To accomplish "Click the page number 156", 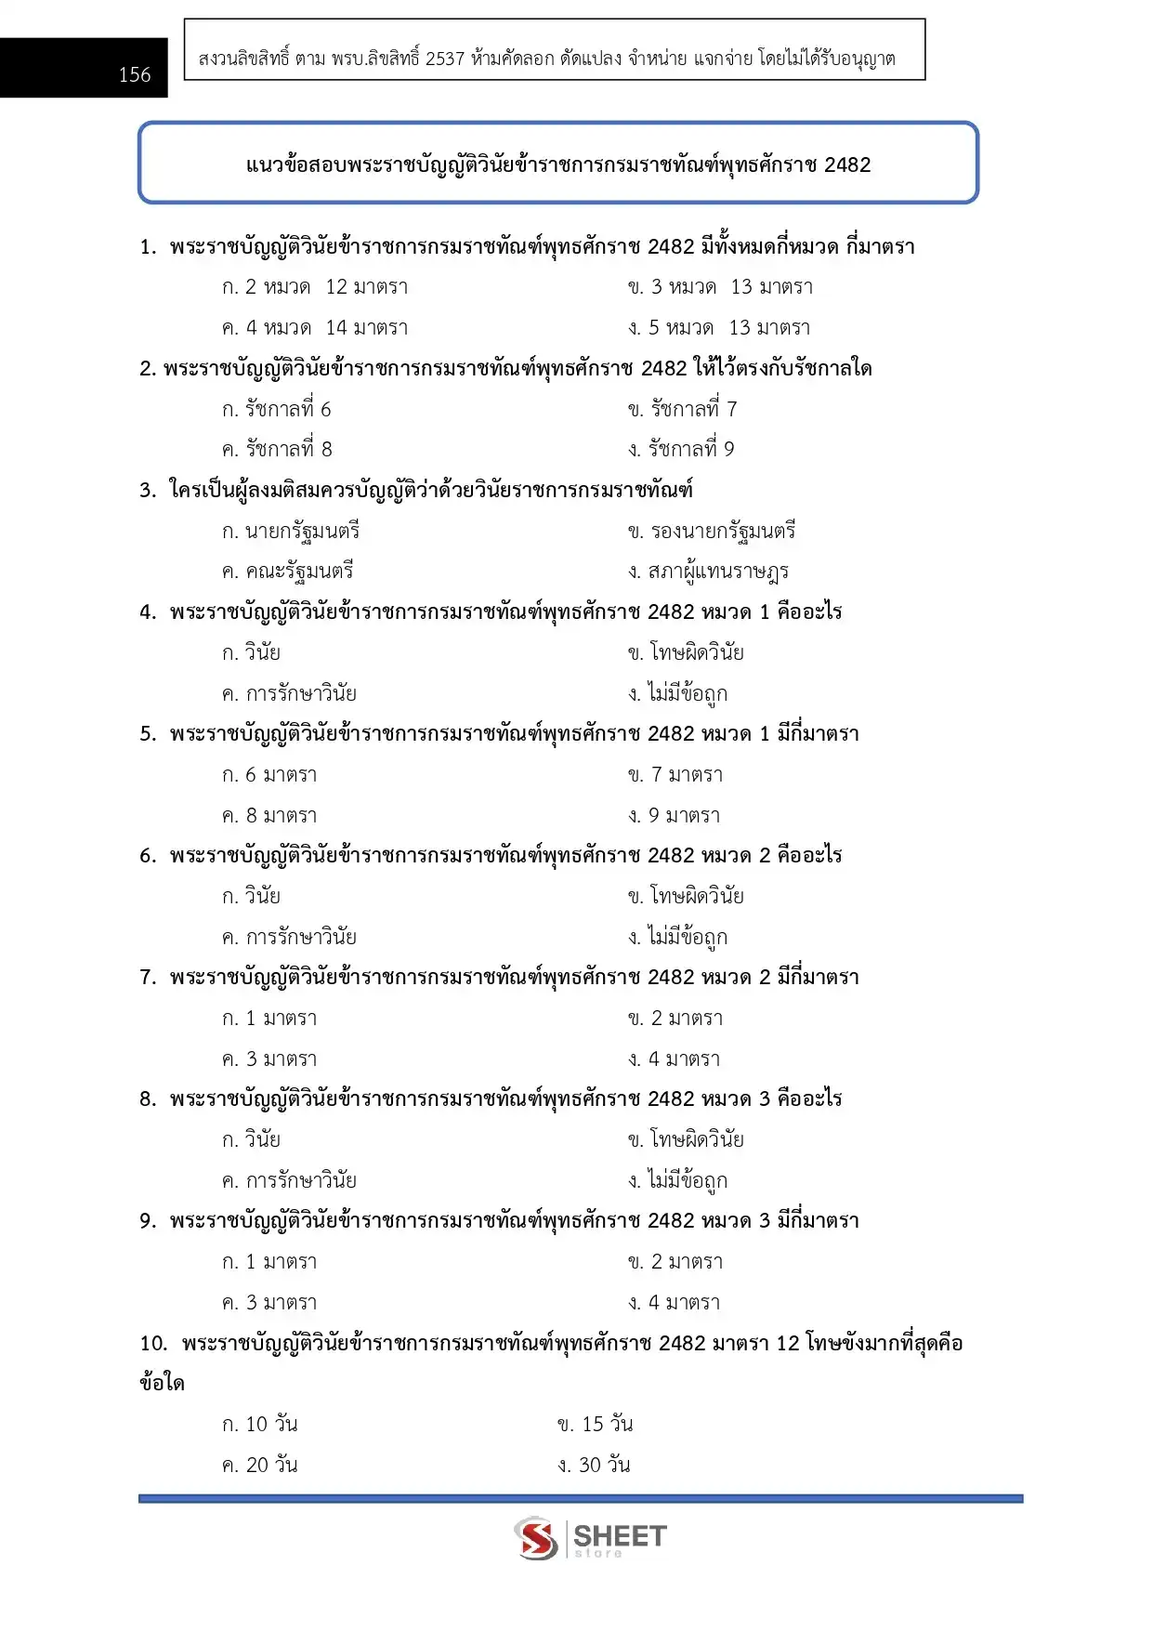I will pos(135,75).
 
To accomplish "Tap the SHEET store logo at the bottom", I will pos(591,1538).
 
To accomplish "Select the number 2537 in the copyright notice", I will pos(445,59).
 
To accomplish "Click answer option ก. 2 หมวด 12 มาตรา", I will pos(315,287).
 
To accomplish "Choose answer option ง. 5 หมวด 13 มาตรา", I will pos(719,328).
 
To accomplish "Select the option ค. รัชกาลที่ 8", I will pos(277,450).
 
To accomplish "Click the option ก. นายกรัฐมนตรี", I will pos(291,532).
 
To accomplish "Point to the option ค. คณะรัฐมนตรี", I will pos(288,572).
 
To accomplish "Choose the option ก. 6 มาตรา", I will pos(269,775).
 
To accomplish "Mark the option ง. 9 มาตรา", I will pos(675,816).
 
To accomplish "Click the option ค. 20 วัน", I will pos(260,1466).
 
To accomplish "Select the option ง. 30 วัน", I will pos(595,1466).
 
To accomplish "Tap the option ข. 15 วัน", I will pos(596,1425).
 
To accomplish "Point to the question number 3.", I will pos(147,491).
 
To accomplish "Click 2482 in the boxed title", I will pos(846,165).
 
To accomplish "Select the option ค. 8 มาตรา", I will pos(269,816).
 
